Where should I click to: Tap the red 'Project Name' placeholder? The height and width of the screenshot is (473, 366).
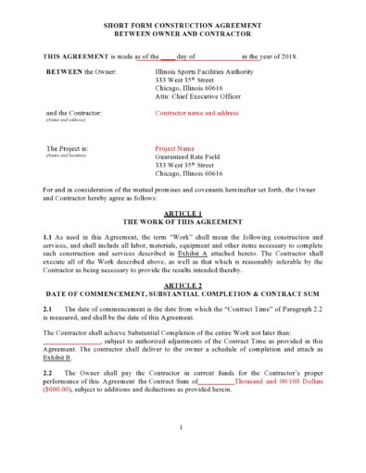(x=175, y=147)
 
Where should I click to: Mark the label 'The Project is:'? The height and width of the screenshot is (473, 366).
(x=67, y=147)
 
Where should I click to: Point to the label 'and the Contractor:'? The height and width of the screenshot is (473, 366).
(x=73, y=113)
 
